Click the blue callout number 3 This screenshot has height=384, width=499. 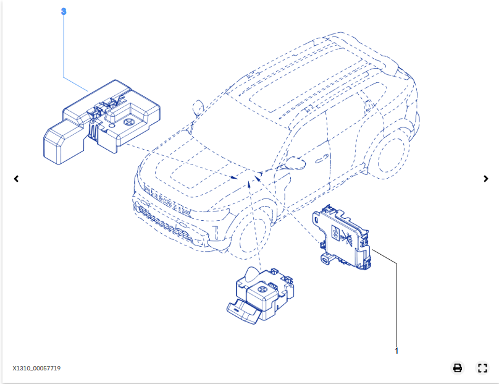click(x=64, y=12)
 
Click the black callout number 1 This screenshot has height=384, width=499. click(x=396, y=351)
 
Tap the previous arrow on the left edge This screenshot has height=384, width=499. click(x=16, y=179)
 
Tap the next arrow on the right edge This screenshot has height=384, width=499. click(x=485, y=179)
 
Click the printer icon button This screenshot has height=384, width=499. click(x=458, y=368)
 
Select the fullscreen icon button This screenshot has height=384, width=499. click(x=482, y=368)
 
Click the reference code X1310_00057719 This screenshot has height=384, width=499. click(x=36, y=369)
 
